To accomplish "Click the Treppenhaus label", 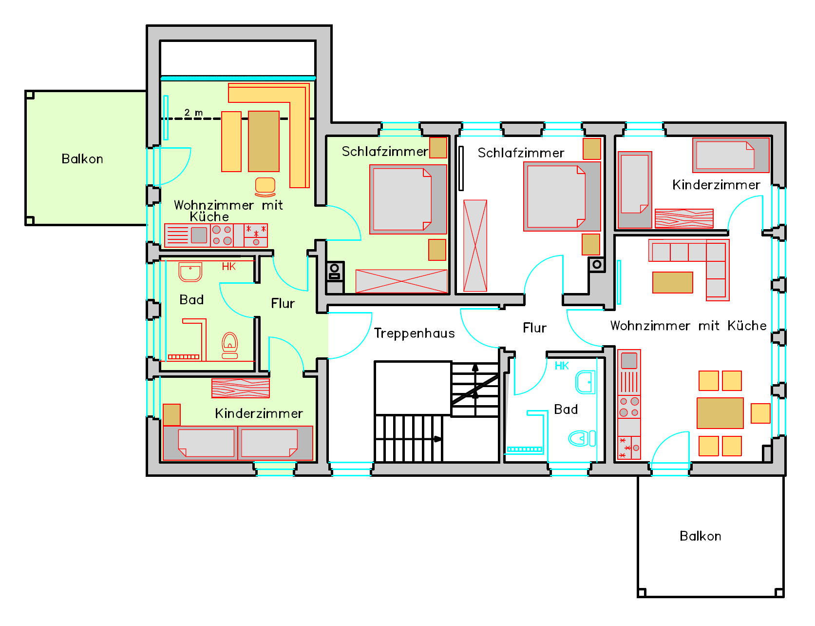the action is pos(414,333).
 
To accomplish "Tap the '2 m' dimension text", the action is pos(193,113).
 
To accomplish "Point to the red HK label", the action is pos(229,266).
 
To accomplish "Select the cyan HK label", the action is pos(562,366).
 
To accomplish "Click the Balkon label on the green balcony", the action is pos(82,159).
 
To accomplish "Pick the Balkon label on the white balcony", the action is pos(700,536).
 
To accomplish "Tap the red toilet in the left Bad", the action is pos(230,345).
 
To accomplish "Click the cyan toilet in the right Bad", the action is pos(582,438).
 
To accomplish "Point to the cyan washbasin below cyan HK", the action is pos(585,382).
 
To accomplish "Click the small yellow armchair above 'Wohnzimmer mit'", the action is pos(265,187).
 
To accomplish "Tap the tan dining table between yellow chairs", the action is pos(720,413).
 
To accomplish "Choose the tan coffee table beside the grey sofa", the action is pos(673,282).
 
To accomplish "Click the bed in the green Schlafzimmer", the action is pos(408,199).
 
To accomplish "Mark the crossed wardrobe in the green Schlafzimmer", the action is pos(401,281).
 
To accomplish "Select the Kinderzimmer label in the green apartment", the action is pos(259,414).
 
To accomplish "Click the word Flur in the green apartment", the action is pos(283,304).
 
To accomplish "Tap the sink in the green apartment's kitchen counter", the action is pos(199,235).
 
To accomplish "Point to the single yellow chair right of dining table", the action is pos(760,413).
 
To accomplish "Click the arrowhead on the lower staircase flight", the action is pos(438,439).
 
